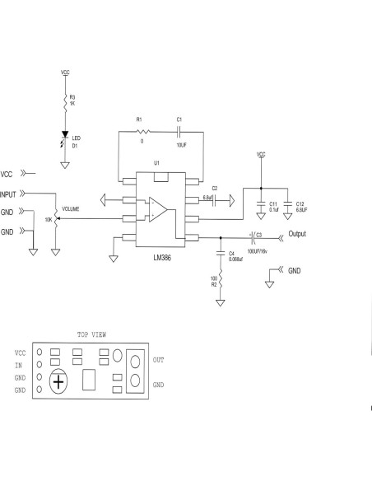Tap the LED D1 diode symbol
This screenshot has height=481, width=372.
coord(66,135)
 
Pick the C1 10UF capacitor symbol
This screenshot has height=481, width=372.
coord(179,130)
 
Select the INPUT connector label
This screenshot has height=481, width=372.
coord(8,194)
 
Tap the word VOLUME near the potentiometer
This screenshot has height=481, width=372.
coord(70,210)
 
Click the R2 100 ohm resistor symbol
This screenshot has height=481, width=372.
coord(220,283)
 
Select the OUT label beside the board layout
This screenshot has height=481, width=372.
coord(160,360)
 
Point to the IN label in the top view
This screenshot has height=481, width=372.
coord(18,364)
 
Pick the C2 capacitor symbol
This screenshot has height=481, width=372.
coord(214,199)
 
